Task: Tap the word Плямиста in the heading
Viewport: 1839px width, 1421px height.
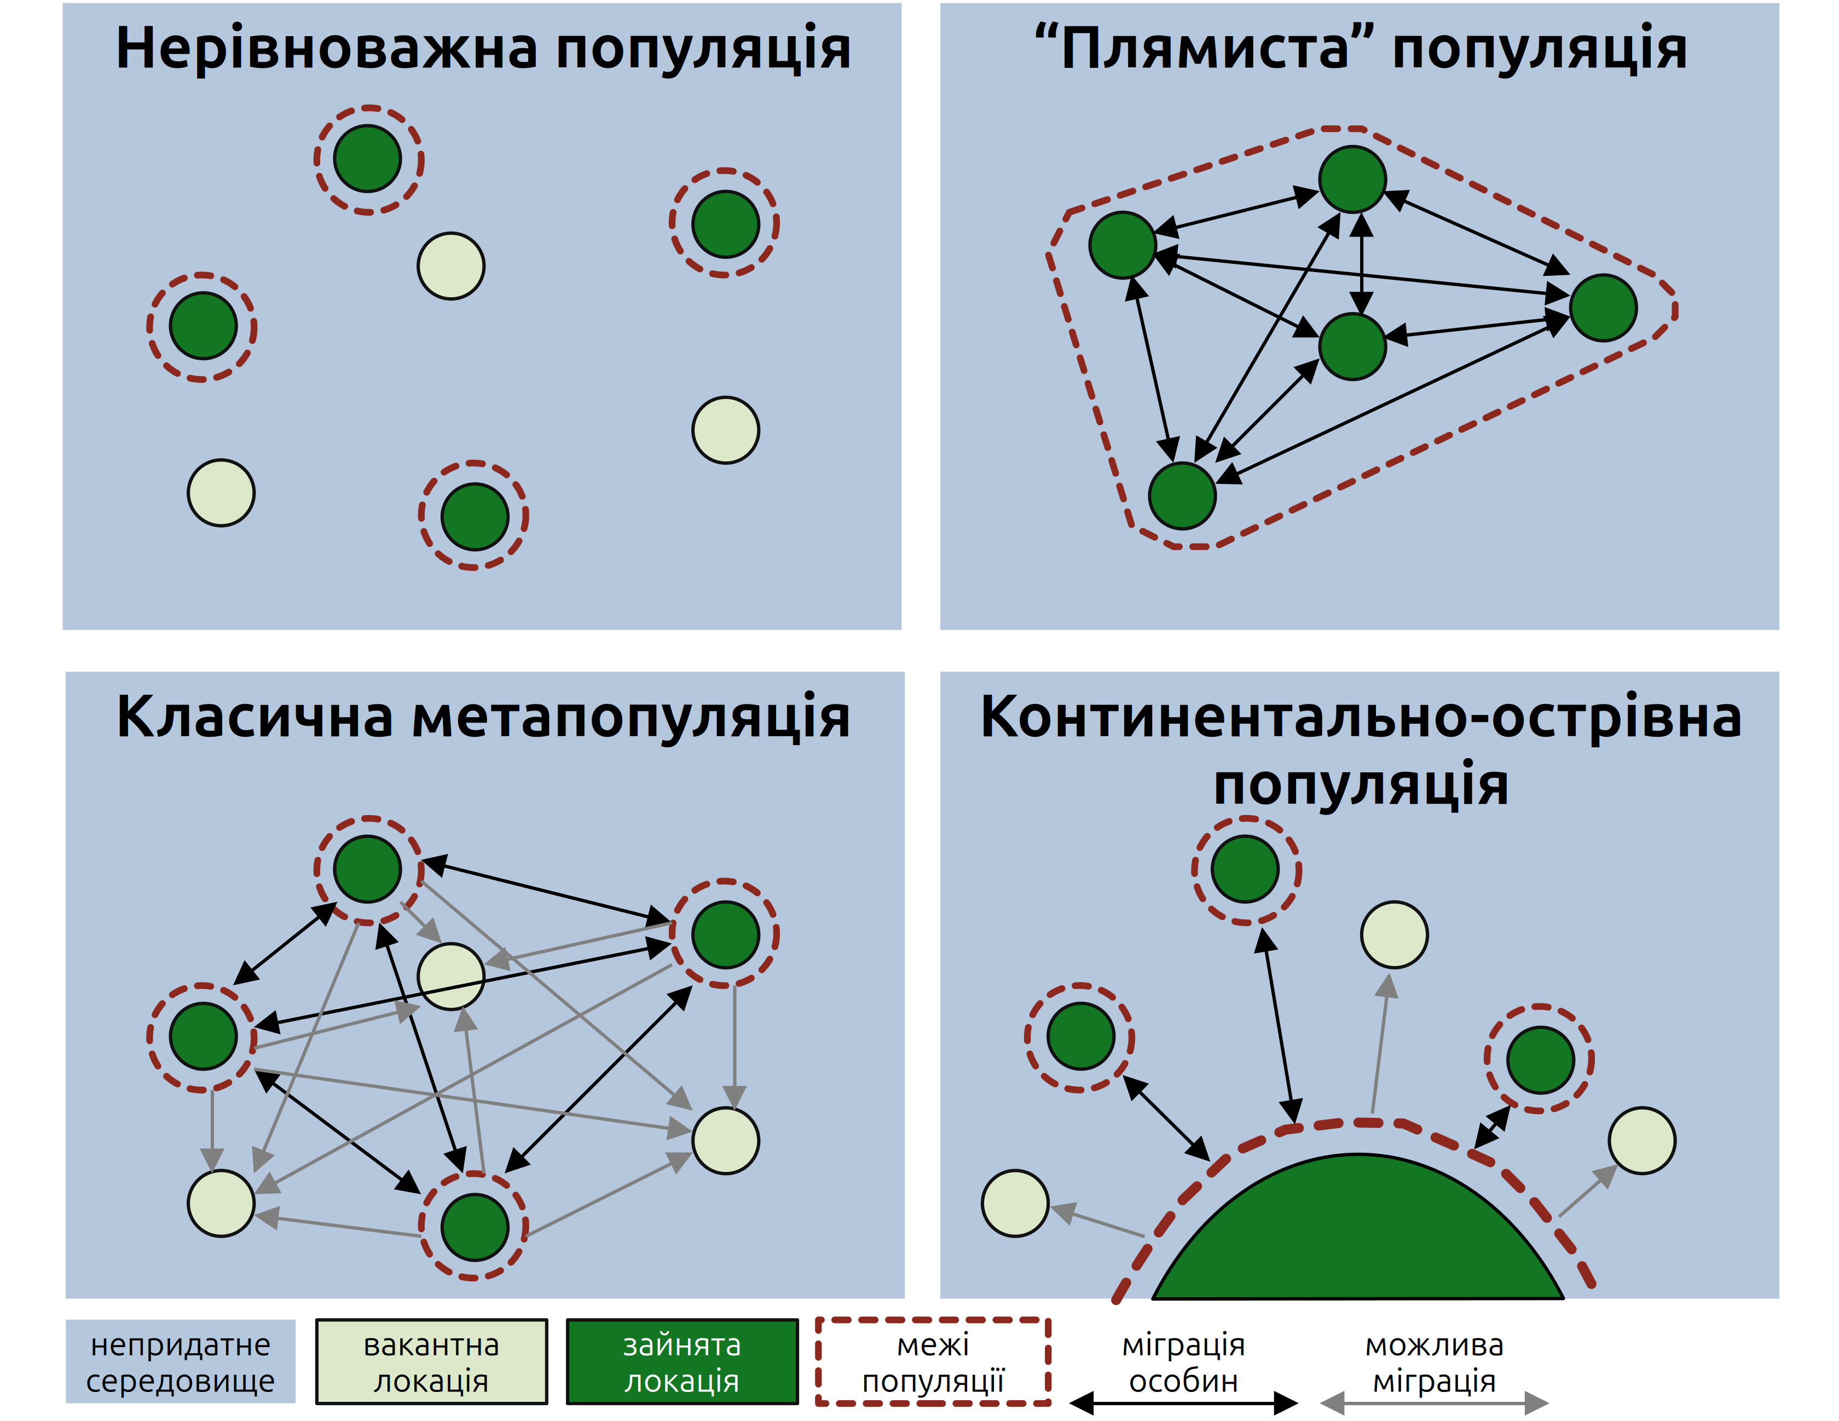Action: [x=1204, y=48]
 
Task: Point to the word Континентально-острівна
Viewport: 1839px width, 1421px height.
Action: [x=1360, y=717]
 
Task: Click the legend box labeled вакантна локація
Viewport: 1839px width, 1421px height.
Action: [x=431, y=1362]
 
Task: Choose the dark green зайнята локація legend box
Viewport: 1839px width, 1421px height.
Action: [x=681, y=1362]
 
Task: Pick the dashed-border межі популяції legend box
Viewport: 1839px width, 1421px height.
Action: [x=933, y=1362]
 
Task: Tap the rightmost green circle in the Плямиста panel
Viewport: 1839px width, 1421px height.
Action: [x=1603, y=308]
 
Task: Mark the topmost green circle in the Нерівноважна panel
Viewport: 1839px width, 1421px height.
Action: [x=367, y=158]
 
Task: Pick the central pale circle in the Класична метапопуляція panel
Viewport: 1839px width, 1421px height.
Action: [x=452, y=976]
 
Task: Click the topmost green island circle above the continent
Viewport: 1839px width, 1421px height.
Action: [x=1245, y=869]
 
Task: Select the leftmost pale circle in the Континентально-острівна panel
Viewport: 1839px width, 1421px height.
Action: [x=1015, y=1203]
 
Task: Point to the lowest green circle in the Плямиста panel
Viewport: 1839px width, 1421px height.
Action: [x=1182, y=495]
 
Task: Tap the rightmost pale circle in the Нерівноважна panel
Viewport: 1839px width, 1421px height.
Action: [x=726, y=430]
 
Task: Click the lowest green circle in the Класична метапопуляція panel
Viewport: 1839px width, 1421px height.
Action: [x=474, y=1227]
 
